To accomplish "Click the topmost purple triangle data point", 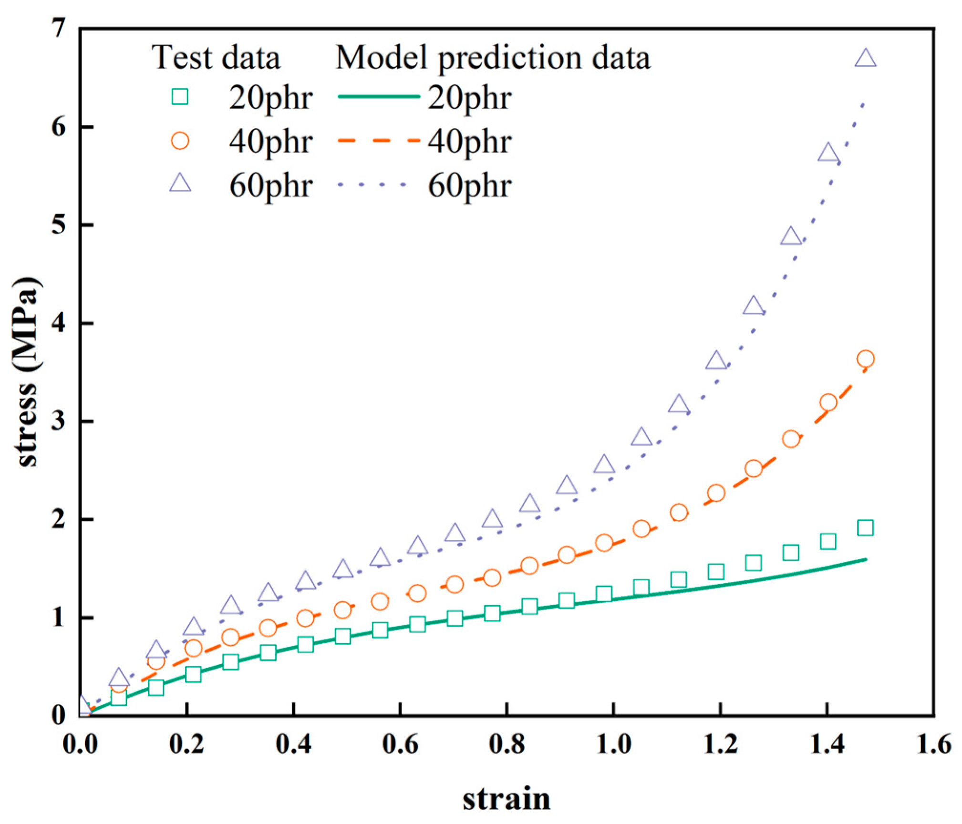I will coord(865,59).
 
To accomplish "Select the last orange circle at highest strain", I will coord(865,359).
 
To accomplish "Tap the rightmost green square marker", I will coord(865,528).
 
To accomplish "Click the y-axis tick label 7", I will coord(59,29).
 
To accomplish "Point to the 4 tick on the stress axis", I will coord(59,323).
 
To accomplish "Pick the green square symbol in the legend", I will coord(180,97).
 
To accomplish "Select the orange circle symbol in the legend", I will coord(180,141).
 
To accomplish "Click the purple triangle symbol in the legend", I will coord(180,183).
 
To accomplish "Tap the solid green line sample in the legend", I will coord(379,97).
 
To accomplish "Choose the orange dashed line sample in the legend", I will coord(379,141).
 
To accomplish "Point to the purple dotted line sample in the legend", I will coord(372,184).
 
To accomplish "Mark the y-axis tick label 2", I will coord(59,519).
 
